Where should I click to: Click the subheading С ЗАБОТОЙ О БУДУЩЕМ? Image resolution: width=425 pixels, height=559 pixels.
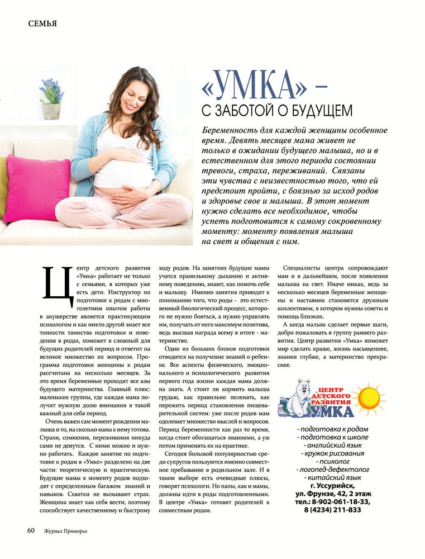point(276,110)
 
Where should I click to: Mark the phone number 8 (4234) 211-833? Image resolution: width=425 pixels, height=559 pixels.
point(333,510)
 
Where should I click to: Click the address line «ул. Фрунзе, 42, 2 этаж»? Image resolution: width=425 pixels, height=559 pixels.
point(333,494)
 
